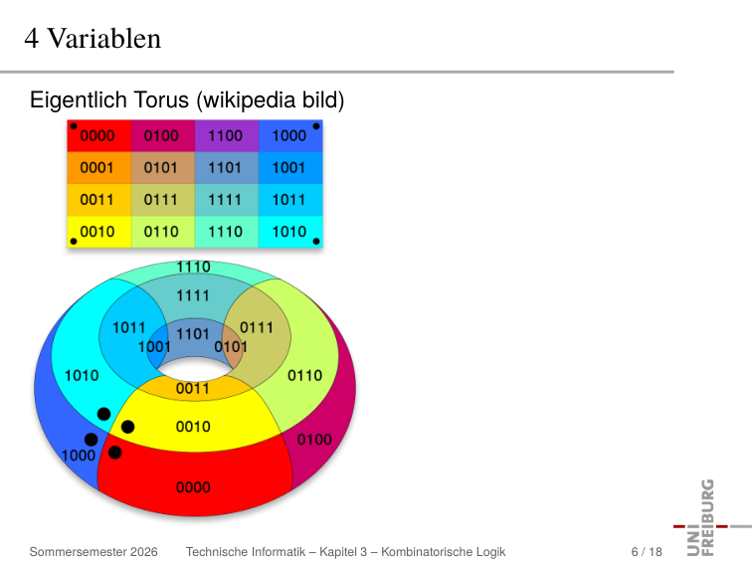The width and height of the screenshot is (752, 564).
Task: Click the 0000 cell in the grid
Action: pos(99,135)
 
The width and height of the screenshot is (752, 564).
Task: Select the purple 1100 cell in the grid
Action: pos(227,135)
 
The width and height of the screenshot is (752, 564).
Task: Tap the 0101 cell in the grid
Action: pos(163,168)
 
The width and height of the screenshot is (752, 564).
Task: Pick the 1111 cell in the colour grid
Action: pos(227,200)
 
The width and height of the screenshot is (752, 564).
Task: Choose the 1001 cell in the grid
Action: pos(290,168)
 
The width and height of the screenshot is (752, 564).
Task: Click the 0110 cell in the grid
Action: pos(163,232)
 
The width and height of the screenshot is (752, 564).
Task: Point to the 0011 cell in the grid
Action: pos(99,200)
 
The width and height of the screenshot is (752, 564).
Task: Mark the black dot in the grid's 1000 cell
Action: pos(316,126)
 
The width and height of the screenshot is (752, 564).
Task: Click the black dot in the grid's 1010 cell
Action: pos(316,242)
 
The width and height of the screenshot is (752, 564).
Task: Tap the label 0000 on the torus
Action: pos(193,487)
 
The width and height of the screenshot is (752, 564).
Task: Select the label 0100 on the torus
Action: pos(314,440)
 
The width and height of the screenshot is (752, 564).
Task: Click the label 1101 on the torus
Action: pos(193,334)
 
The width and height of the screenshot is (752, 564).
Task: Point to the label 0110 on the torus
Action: pos(305,376)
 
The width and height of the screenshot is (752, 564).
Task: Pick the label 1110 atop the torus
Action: pos(193,267)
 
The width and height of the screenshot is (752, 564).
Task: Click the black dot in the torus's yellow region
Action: pos(127,427)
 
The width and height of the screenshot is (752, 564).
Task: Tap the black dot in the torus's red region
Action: pos(115,453)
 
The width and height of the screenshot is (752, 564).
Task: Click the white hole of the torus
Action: pos(194,369)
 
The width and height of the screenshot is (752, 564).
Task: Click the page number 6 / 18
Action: pos(647,552)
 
